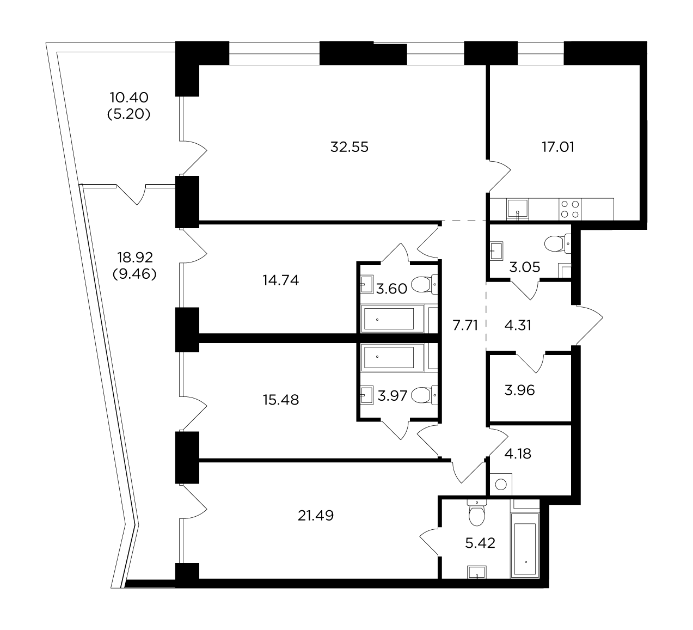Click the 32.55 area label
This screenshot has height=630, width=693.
pyautogui.click(x=349, y=147)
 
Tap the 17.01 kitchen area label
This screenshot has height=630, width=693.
pyautogui.click(x=558, y=147)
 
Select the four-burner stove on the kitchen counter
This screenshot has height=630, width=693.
pyautogui.click(x=569, y=209)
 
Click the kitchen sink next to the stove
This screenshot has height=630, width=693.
pyautogui.click(x=518, y=209)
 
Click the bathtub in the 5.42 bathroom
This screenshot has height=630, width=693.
pyautogui.click(x=525, y=546)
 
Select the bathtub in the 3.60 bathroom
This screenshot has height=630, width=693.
pyautogui.click(x=393, y=319)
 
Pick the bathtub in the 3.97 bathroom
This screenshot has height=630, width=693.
pyautogui.click(x=393, y=357)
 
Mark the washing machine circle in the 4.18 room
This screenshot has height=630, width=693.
pyautogui.click(x=501, y=485)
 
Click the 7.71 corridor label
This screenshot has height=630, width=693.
pyautogui.click(x=465, y=325)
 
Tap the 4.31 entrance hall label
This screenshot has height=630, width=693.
pyautogui.click(x=518, y=325)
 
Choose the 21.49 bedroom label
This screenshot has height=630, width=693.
pyautogui.click(x=315, y=516)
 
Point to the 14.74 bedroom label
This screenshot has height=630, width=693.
pyautogui.click(x=280, y=280)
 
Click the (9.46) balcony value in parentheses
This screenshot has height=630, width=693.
pyautogui.click(x=134, y=274)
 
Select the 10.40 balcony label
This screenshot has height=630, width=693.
pyautogui.click(x=129, y=97)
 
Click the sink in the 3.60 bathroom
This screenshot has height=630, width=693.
pyautogui.click(x=367, y=284)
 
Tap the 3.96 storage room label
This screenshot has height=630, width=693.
pyautogui.click(x=519, y=390)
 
